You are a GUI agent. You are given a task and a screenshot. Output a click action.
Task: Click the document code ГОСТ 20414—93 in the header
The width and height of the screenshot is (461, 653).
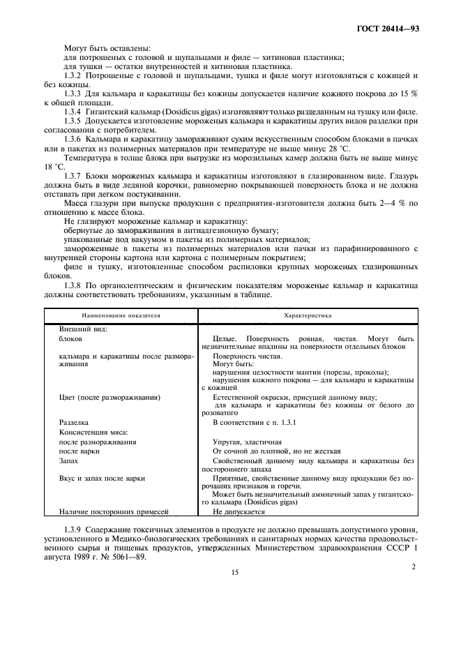pos(391,30)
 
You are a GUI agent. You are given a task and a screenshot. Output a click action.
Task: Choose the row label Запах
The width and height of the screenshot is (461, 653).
pos(68,460)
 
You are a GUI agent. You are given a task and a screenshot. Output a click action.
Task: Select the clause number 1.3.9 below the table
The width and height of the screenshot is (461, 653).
pos(74,532)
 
